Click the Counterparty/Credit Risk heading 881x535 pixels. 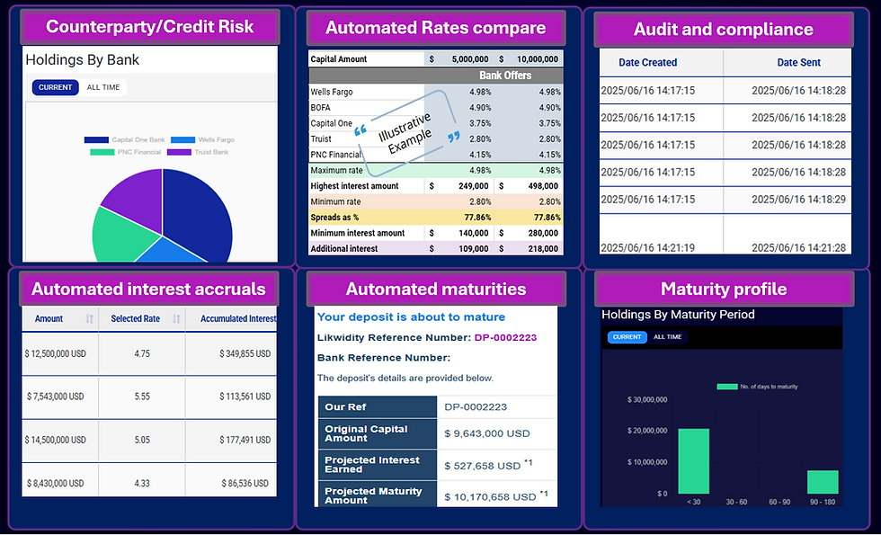[x=149, y=27]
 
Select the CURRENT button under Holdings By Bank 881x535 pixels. [x=55, y=87]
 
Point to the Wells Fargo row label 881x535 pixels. [x=332, y=92]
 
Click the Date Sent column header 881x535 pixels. [x=811, y=63]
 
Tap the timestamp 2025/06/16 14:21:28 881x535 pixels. [x=787, y=247]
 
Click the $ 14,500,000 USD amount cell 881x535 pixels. [x=56, y=440]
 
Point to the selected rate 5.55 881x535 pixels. [x=142, y=397]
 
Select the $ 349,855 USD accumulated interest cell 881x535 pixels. [x=245, y=354]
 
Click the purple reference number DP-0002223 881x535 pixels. [x=505, y=337]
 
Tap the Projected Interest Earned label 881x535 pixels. [x=372, y=464]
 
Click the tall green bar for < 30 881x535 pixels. [x=693, y=460]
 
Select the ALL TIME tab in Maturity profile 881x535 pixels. [x=667, y=337]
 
